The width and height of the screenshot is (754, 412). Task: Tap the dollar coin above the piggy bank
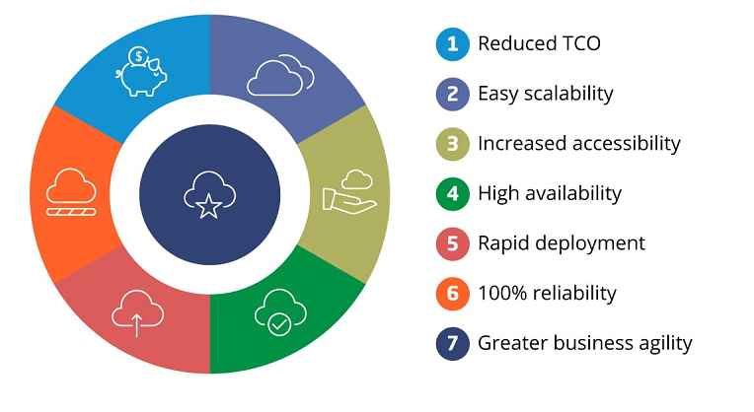138,56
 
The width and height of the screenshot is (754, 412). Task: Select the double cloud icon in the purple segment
281,75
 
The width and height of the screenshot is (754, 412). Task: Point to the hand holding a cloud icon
349,191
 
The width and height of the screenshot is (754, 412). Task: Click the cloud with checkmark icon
280,312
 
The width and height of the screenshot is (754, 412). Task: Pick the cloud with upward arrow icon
137,313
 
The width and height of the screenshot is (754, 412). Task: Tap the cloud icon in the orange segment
71,192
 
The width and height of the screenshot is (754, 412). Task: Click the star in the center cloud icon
208,207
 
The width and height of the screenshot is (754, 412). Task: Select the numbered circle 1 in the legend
452,44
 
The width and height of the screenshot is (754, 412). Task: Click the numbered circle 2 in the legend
452,94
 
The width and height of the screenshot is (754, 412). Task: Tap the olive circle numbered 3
452,144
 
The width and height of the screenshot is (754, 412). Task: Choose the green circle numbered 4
452,194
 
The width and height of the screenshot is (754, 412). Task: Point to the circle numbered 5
452,243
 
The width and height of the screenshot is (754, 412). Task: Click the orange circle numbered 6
452,294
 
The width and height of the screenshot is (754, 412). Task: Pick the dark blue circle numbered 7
452,344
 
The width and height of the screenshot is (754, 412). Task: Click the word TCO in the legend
581,43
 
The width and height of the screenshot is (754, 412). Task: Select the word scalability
568,94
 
